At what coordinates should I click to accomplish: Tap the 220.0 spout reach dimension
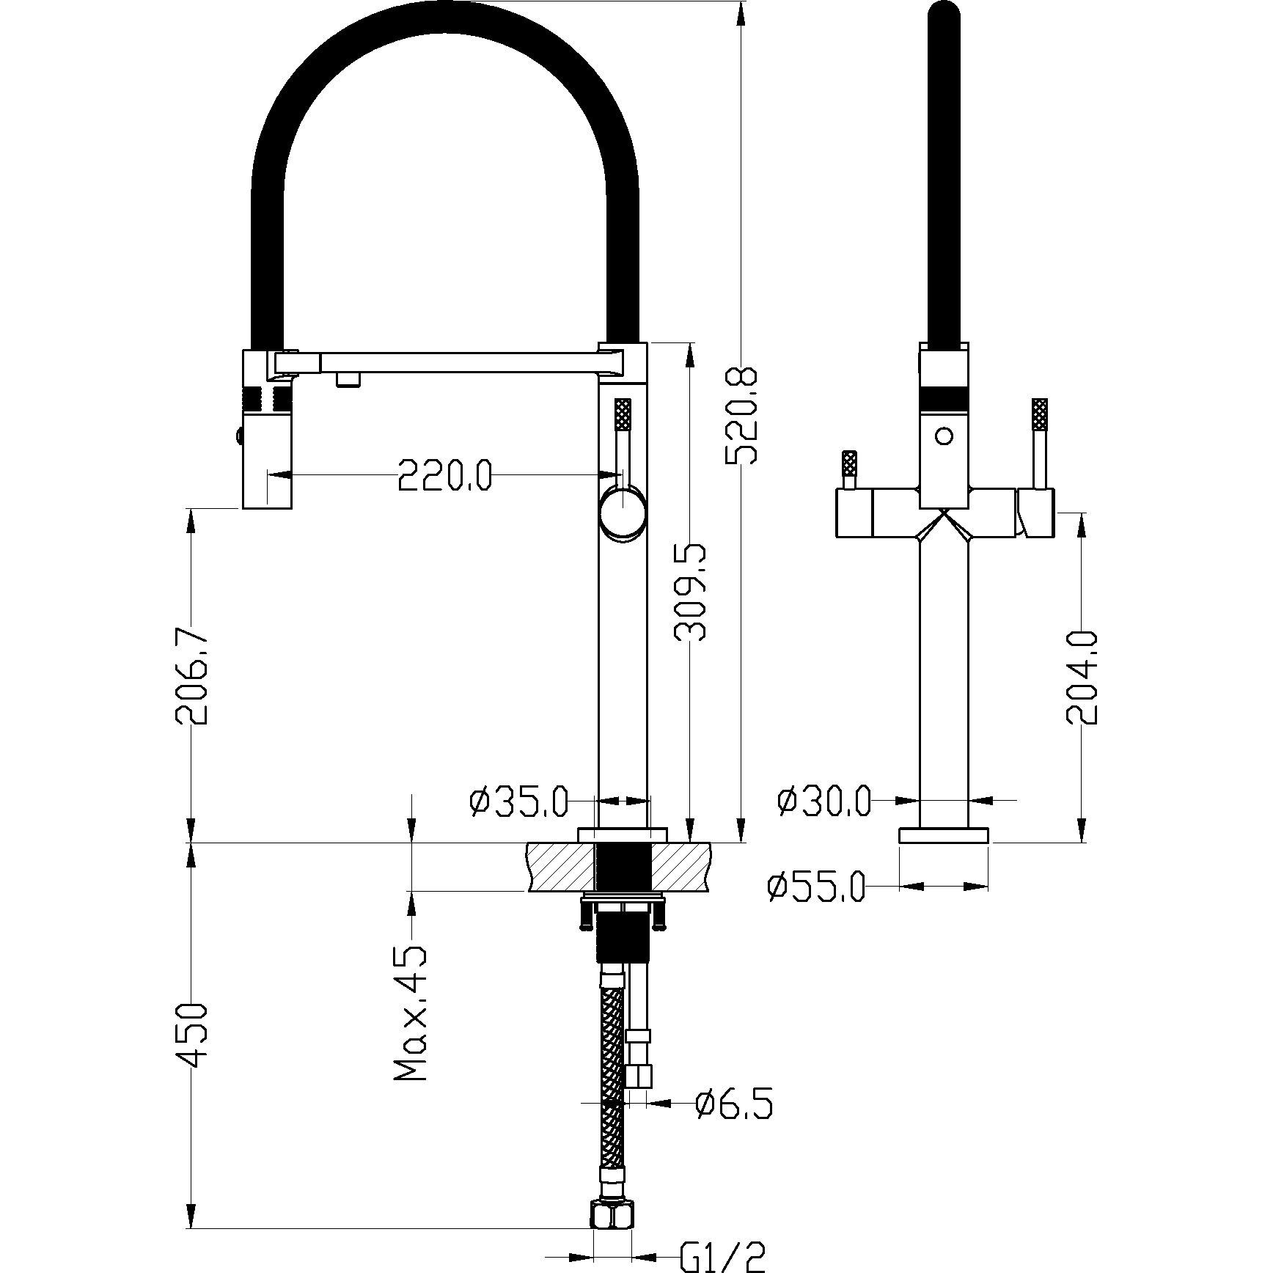click(444, 475)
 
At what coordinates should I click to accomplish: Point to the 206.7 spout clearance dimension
click(191, 675)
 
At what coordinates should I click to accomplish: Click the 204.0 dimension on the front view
click(1082, 675)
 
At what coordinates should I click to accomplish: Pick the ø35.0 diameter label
click(518, 801)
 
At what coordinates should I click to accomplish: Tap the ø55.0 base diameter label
click(816, 887)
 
